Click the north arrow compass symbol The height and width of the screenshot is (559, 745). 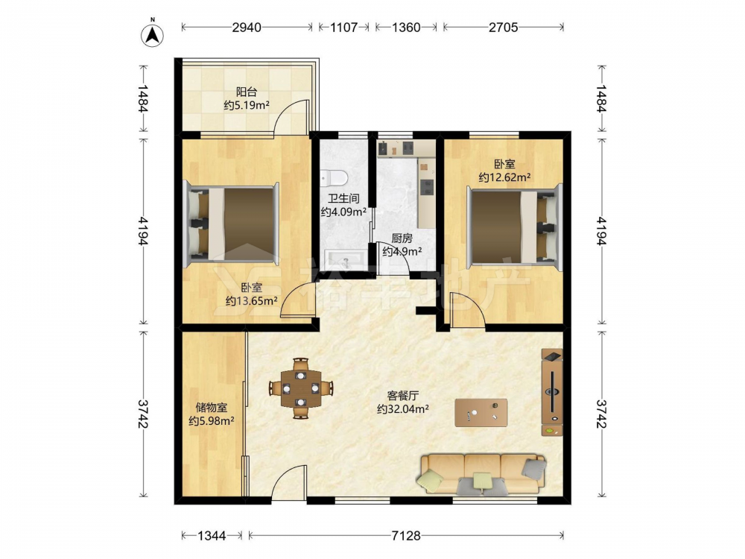(x=153, y=34)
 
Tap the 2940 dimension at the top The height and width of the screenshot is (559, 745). (x=247, y=28)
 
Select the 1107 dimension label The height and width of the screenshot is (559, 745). (x=343, y=28)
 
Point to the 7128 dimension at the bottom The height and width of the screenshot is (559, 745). (x=406, y=536)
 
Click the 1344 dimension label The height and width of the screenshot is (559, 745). (x=212, y=536)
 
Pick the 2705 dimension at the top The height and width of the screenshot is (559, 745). (x=503, y=28)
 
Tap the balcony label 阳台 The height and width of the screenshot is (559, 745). (x=246, y=92)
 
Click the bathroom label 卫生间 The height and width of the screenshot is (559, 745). (x=343, y=199)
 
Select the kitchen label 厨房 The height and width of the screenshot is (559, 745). (x=402, y=239)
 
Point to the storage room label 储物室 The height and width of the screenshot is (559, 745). (x=212, y=408)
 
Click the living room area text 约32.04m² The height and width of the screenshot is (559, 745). (x=403, y=408)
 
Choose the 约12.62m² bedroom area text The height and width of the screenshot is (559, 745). (x=504, y=178)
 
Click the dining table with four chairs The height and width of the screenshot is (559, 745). (x=301, y=388)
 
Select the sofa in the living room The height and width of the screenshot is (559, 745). (x=482, y=474)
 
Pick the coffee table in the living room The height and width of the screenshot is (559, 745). (x=481, y=413)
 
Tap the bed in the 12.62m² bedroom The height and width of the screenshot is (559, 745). (x=515, y=225)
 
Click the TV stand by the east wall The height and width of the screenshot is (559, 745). (x=552, y=392)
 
